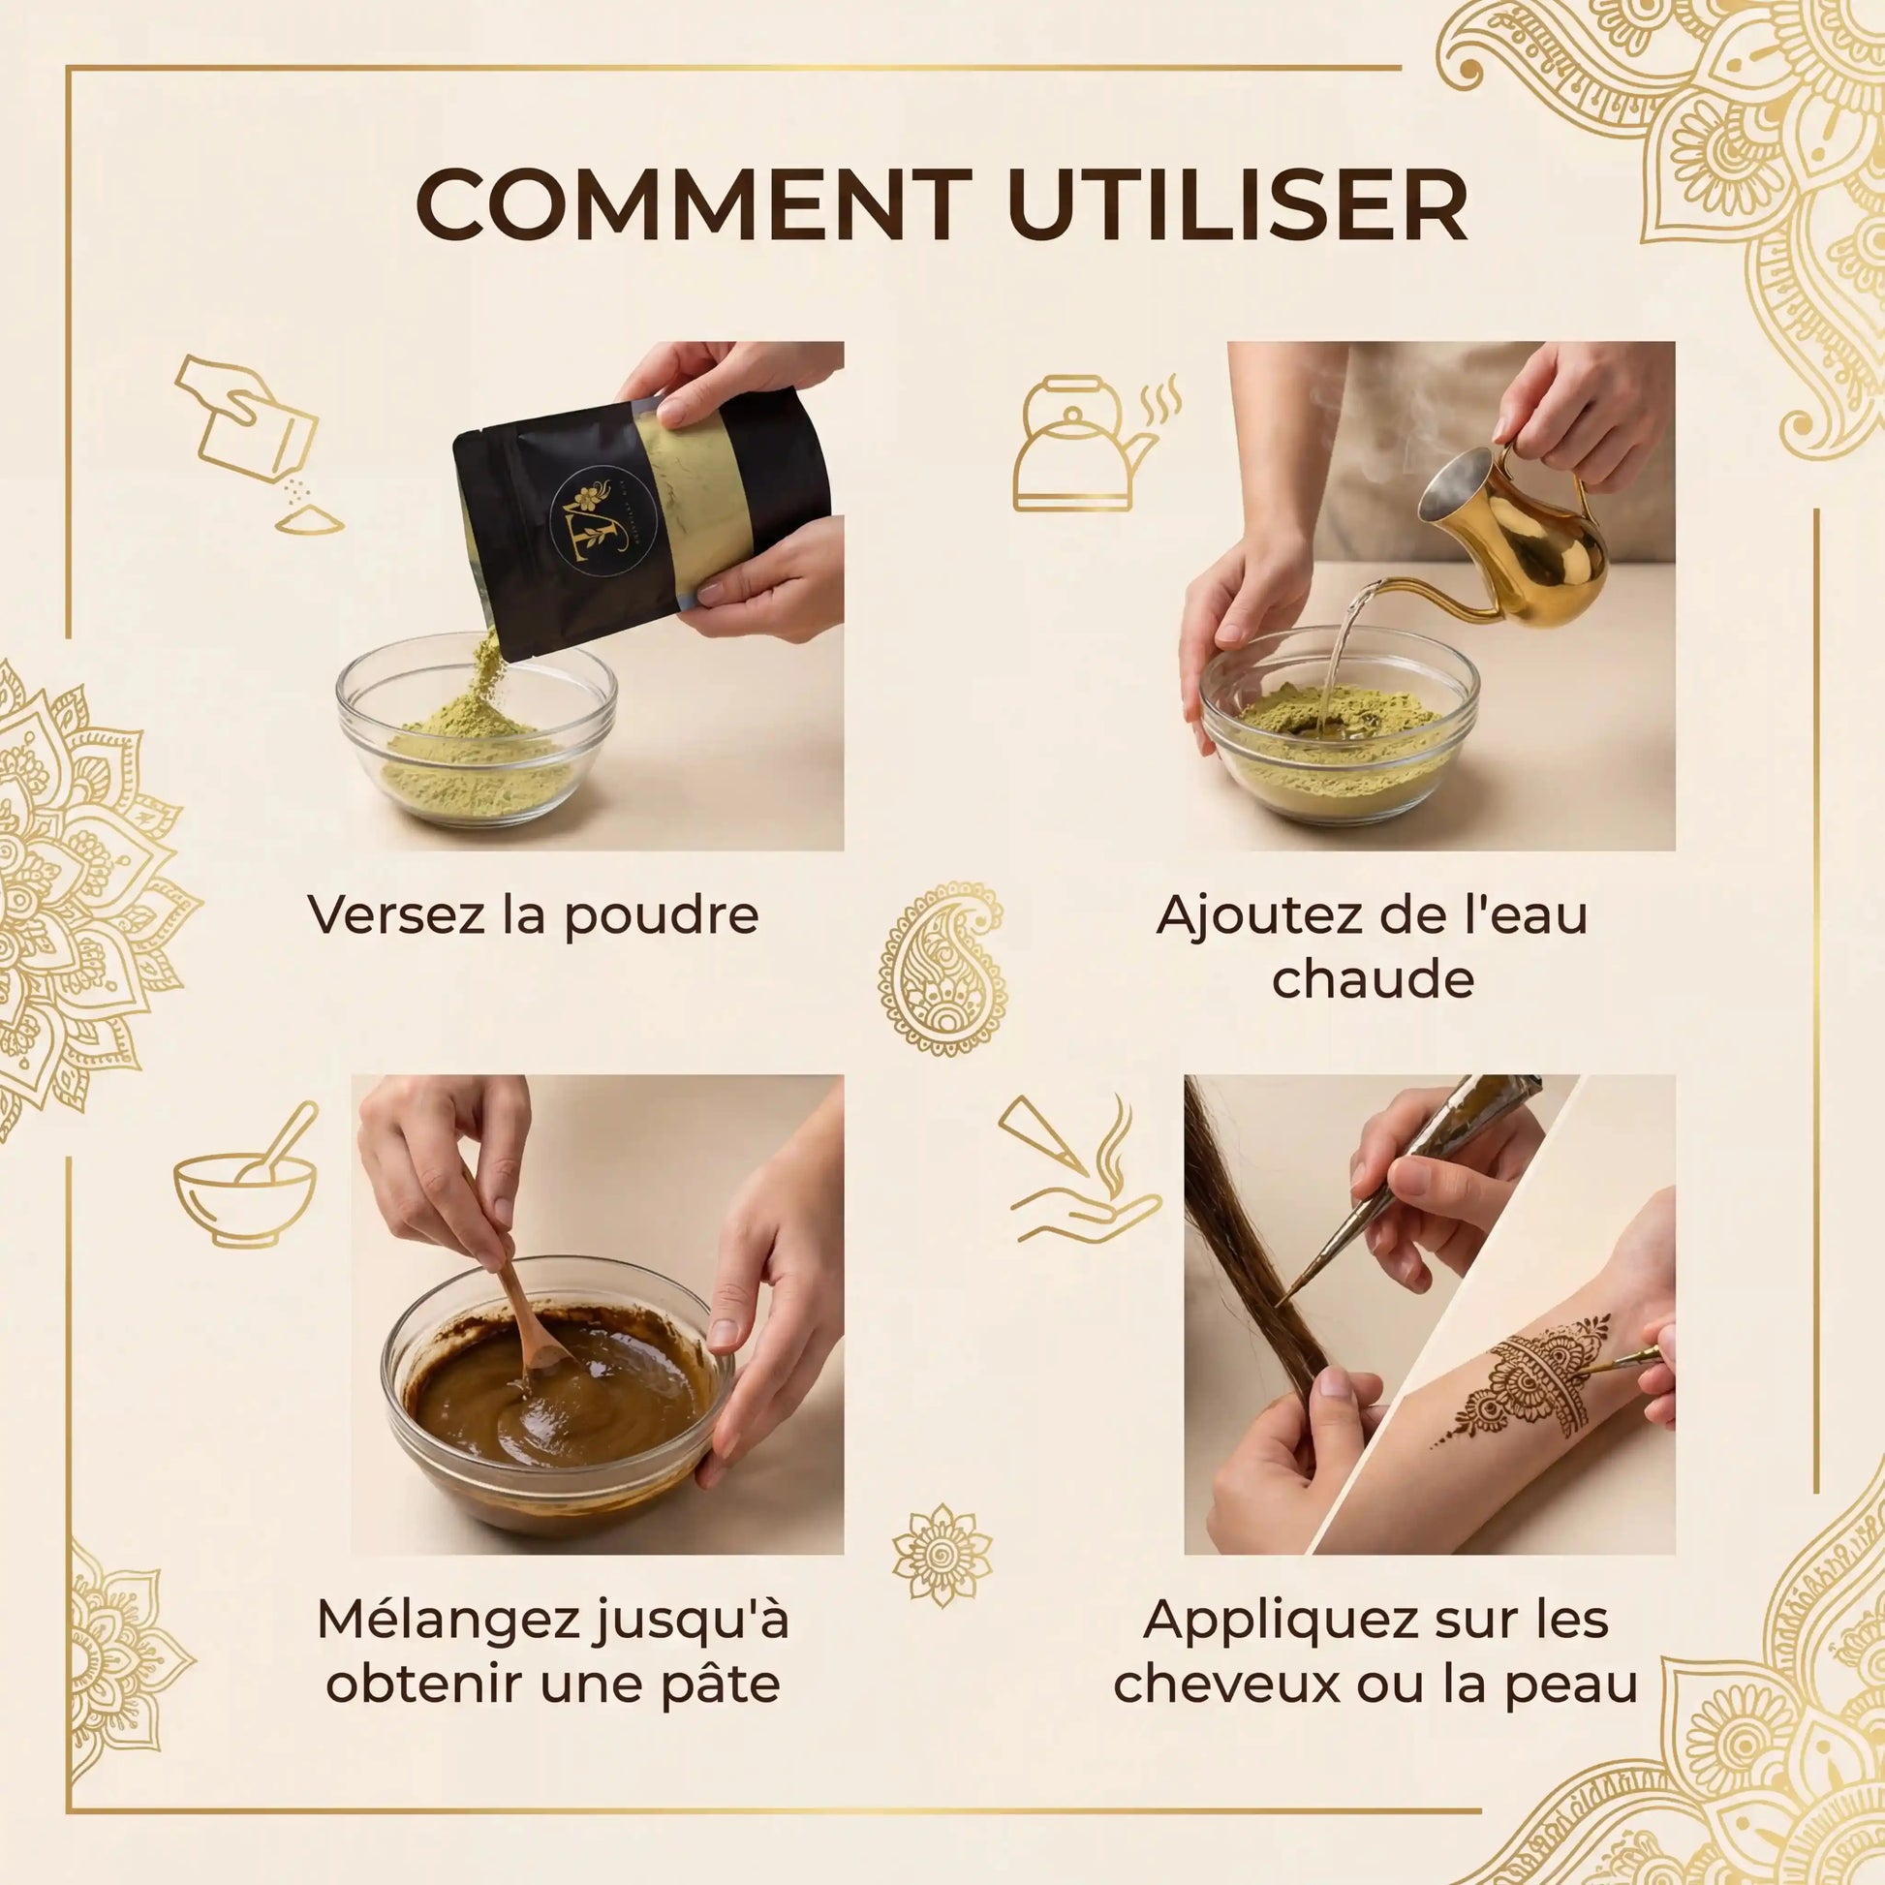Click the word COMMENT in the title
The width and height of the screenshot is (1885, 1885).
[694, 206]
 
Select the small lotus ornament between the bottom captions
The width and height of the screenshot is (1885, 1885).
[942, 1557]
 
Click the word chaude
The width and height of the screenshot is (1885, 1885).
[1372, 979]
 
